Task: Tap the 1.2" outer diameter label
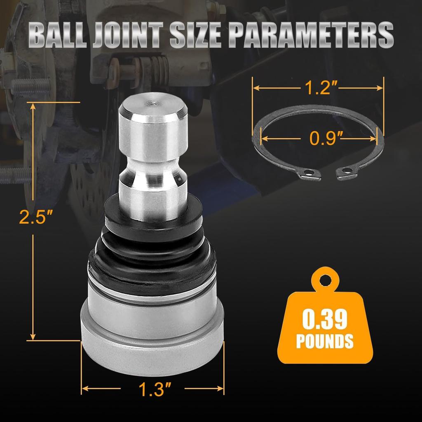coord(317,87)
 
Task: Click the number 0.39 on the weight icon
coord(325,320)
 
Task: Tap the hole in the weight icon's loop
coord(326,281)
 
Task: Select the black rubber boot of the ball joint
coord(152,251)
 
